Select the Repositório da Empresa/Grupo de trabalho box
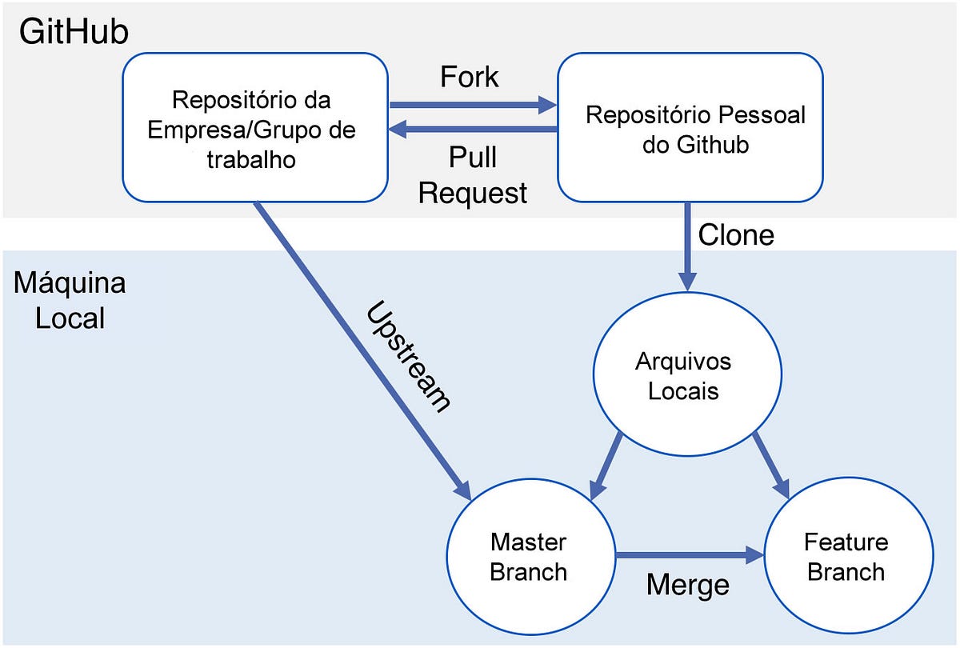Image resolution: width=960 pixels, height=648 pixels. pyautogui.click(x=255, y=127)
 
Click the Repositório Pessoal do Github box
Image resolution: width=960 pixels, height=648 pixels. pyautogui.click(x=690, y=127)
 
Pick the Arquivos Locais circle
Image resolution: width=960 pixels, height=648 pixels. pyautogui.click(x=683, y=376)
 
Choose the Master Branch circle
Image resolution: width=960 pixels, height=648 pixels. pyautogui.click(x=529, y=557)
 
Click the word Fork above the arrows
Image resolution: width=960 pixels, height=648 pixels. pyautogui.click(x=470, y=77)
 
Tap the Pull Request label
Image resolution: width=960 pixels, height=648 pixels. pyautogui.click(x=473, y=175)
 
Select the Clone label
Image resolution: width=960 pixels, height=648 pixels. pyautogui.click(x=736, y=234)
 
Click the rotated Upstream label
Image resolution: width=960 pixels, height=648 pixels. pyautogui.click(x=408, y=357)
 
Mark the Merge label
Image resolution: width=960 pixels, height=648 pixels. pyautogui.click(x=688, y=585)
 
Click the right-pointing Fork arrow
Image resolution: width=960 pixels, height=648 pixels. pyautogui.click(x=472, y=104)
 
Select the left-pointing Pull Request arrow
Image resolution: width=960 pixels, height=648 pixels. pyautogui.click(x=472, y=129)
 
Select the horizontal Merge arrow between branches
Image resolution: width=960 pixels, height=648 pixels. pyautogui.click(x=688, y=554)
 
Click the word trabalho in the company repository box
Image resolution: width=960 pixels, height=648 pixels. pyautogui.click(x=251, y=159)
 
